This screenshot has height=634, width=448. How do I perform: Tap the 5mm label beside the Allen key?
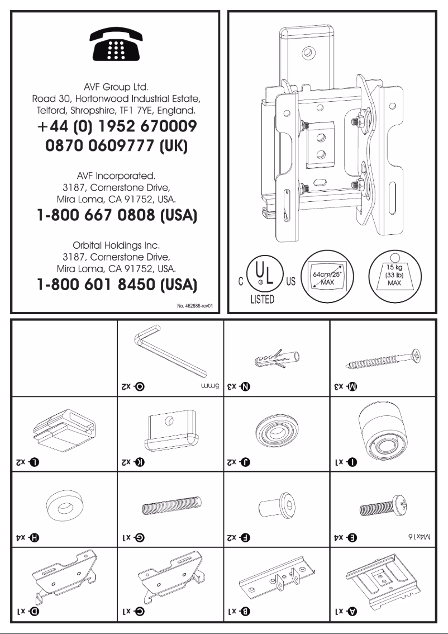coord(206,386)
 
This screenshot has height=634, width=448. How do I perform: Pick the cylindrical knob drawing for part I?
coord(382,430)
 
